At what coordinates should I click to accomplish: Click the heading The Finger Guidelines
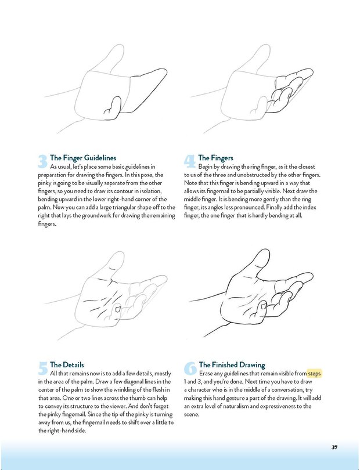pos(83,158)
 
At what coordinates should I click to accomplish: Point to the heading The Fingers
pos(216,158)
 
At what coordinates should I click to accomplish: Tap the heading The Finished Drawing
pos(232,365)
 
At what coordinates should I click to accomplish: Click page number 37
pos(335,447)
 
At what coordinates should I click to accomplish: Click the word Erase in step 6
pos(208,374)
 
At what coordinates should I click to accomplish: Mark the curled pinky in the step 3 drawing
pos(113,106)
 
